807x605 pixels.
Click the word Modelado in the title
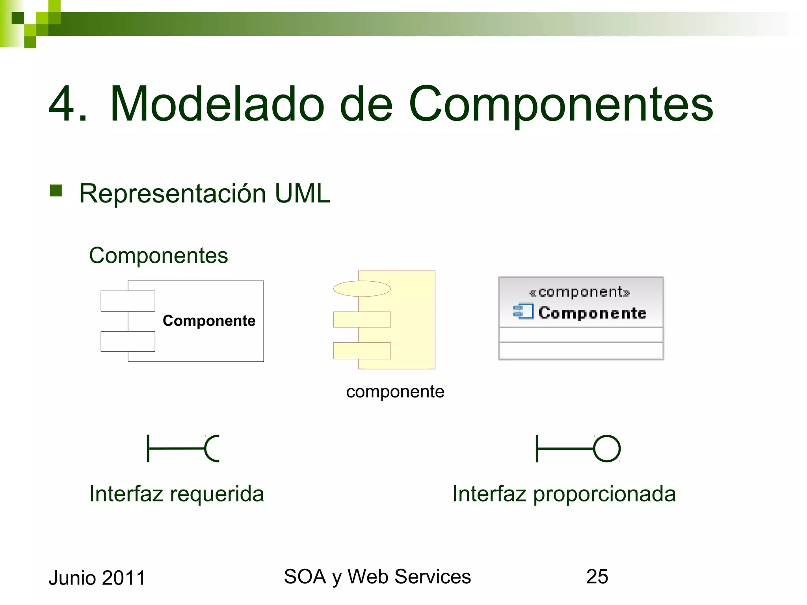[217, 104]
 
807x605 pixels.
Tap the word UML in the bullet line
[302, 193]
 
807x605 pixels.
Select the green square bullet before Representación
[56, 191]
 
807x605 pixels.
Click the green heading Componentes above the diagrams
[158, 255]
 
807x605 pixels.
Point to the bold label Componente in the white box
[209, 321]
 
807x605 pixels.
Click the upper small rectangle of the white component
[128, 301]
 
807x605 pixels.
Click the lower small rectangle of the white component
[128, 341]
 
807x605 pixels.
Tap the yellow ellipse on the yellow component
[362, 289]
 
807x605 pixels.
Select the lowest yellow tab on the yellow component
[362, 351]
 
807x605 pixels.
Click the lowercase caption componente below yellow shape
[395, 392]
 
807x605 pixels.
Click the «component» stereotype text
[579, 292]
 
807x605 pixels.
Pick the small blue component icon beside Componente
[523, 311]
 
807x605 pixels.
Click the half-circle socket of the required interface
[211, 448]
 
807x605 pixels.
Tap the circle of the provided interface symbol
[607, 448]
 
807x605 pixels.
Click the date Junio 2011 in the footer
[97, 578]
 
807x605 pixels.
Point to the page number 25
[597, 577]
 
